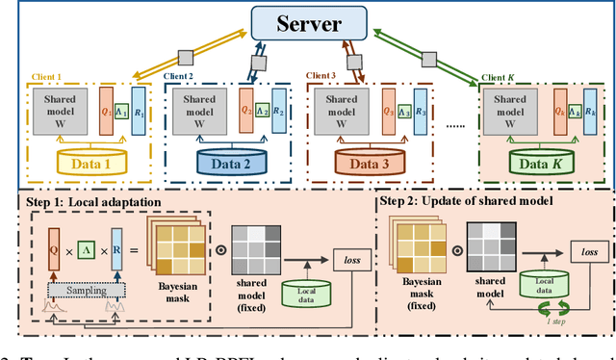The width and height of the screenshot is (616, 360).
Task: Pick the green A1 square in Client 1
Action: pyautogui.click(x=121, y=111)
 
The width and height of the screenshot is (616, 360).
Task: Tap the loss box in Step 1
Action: pyautogui.click(x=347, y=259)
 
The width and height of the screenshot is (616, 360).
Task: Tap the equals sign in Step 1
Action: pyautogui.click(x=135, y=252)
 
